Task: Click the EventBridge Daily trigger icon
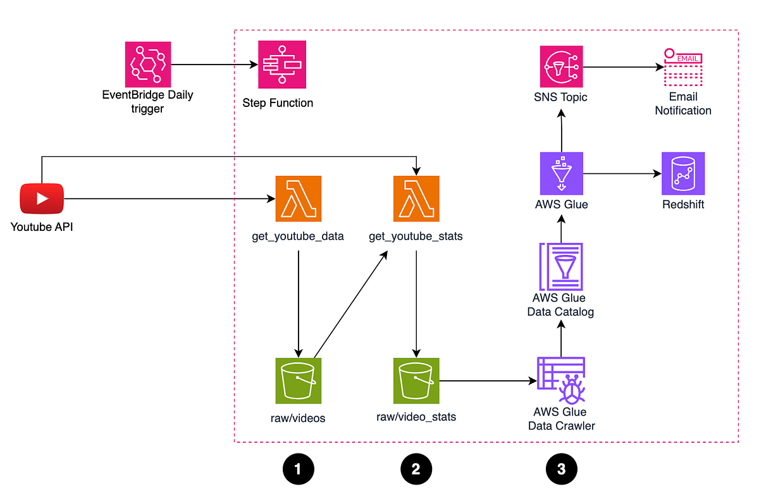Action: (x=148, y=64)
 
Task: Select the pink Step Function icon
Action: (x=282, y=64)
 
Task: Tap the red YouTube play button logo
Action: (x=42, y=199)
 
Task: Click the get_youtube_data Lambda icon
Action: (x=299, y=199)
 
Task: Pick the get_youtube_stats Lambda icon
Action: (x=416, y=199)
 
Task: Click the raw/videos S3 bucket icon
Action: (x=299, y=381)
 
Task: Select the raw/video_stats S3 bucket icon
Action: (x=416, y=381)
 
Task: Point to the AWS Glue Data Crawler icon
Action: (x=561, y=380)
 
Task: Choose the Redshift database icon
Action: (x=683, y=173)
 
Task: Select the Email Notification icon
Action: (x=683, y=67)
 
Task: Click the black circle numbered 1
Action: (x=299, y=469)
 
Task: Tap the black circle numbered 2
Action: (x=416, y=469)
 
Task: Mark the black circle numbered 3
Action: (x=561, y=469)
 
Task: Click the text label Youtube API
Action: (x=42, y=226)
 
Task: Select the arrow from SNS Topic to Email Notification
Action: (x=622, y=65)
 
